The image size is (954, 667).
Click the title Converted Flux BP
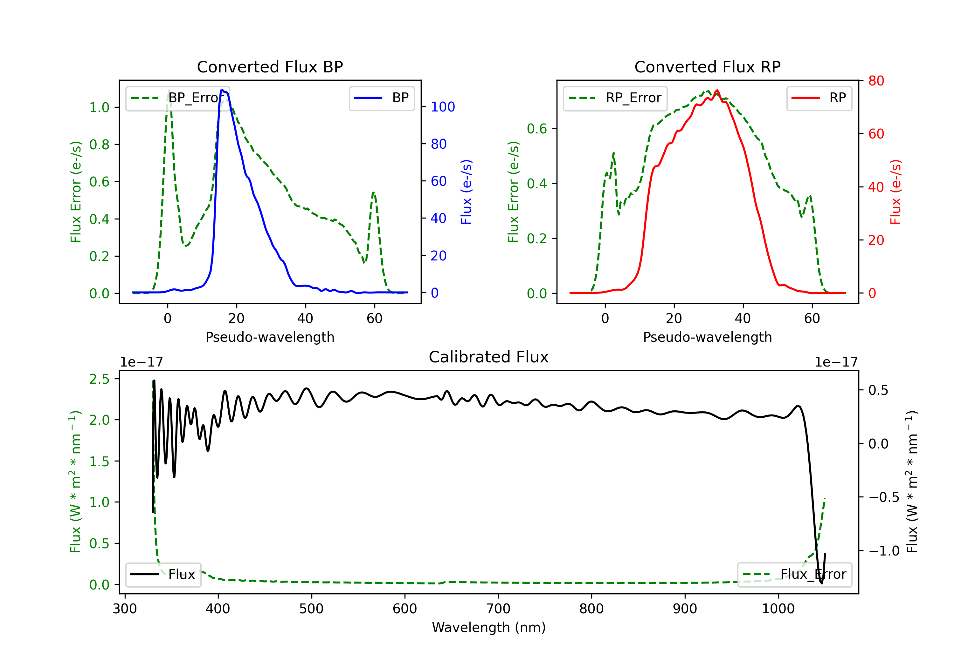click(x=270, y=67)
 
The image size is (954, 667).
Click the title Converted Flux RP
click(x=707, y=67)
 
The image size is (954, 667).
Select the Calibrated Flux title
click(x=489, y=357)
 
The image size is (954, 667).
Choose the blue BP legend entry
click(x=381, y=98)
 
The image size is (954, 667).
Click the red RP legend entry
click(x=819, y=98)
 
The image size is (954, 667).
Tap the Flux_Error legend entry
click(x=794, y=575)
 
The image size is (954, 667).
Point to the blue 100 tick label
click(x=443, y=107)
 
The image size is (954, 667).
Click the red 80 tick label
click(x=876, y=81)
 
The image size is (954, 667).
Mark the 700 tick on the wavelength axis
click(x=498, y=609)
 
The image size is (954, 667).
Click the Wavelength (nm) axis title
click(x=489, y=627)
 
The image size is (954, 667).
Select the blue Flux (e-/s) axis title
click(x=467, y=192)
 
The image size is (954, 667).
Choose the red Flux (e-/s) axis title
click(x=896, y=192)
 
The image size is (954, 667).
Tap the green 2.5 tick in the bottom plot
click(x=99, y=379)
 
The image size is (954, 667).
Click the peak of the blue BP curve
click(x=222, y=90)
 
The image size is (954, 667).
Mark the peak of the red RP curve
click(x=717, y=91)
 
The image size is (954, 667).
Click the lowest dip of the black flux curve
click(x=821, y=583)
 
